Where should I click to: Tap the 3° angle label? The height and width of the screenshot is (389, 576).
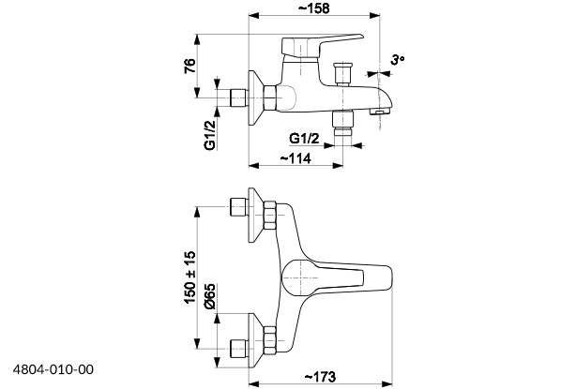click(398, 61)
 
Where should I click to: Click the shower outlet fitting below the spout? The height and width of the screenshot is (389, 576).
click(344, 123)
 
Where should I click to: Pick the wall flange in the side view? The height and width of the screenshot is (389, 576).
click(253, 95)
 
